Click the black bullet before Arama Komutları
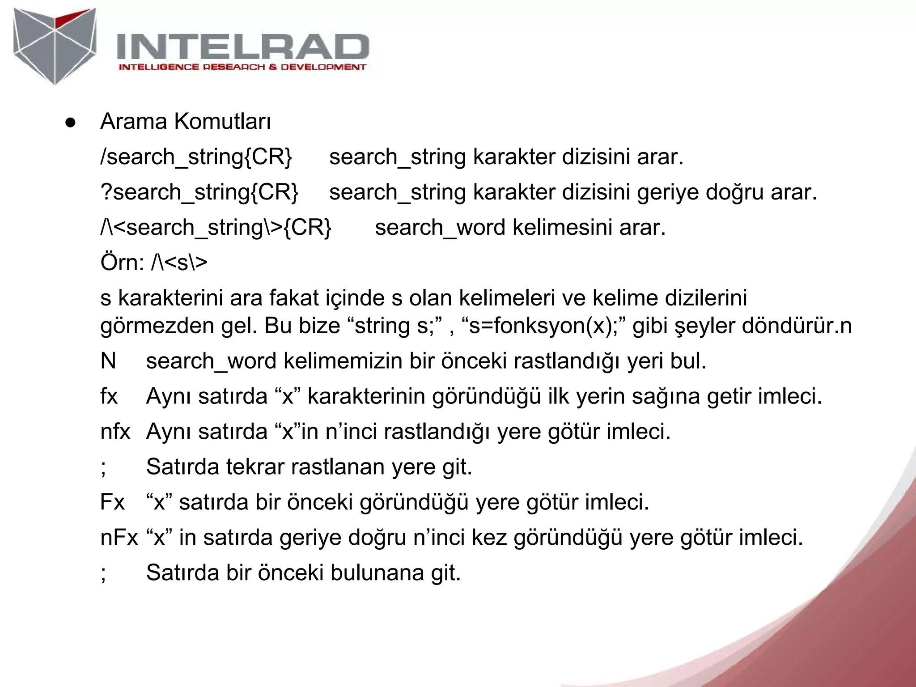click(70, 123)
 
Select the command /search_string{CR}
click(196, 157)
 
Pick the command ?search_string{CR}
click(199, 192)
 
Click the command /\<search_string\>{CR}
click(216, 228)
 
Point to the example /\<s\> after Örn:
click(179, 263)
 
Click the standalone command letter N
click(108, 360)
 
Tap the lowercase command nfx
click(115, 432)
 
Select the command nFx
click(119, 537)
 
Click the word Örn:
click(122, 263)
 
